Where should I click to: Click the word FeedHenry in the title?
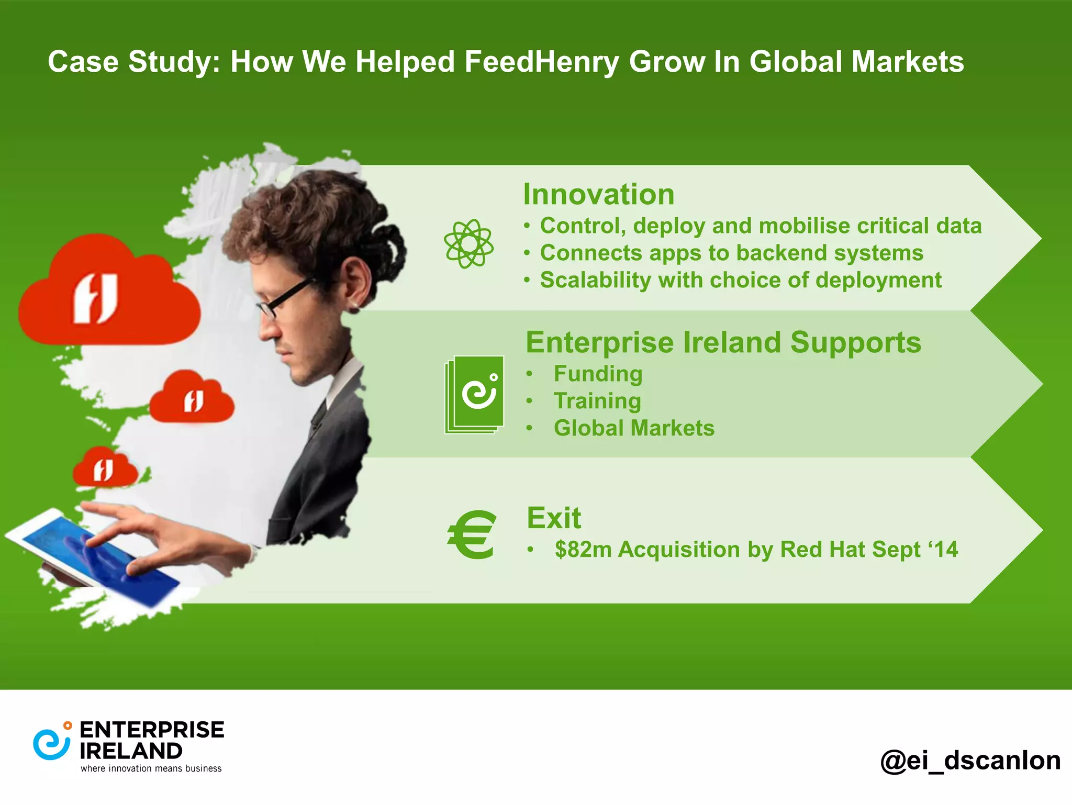541,62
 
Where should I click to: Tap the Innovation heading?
598,194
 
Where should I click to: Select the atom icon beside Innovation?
468,243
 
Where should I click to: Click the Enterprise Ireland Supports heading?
723,342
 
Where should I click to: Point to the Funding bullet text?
598,374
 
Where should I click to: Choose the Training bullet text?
597,401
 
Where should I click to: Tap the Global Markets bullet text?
634,428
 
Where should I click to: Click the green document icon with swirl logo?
475,394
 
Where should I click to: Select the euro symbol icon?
472,534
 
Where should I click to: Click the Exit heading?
554,518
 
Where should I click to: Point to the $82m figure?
583,550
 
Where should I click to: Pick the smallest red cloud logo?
105,468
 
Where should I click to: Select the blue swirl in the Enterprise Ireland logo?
51,744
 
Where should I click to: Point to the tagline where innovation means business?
151,768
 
